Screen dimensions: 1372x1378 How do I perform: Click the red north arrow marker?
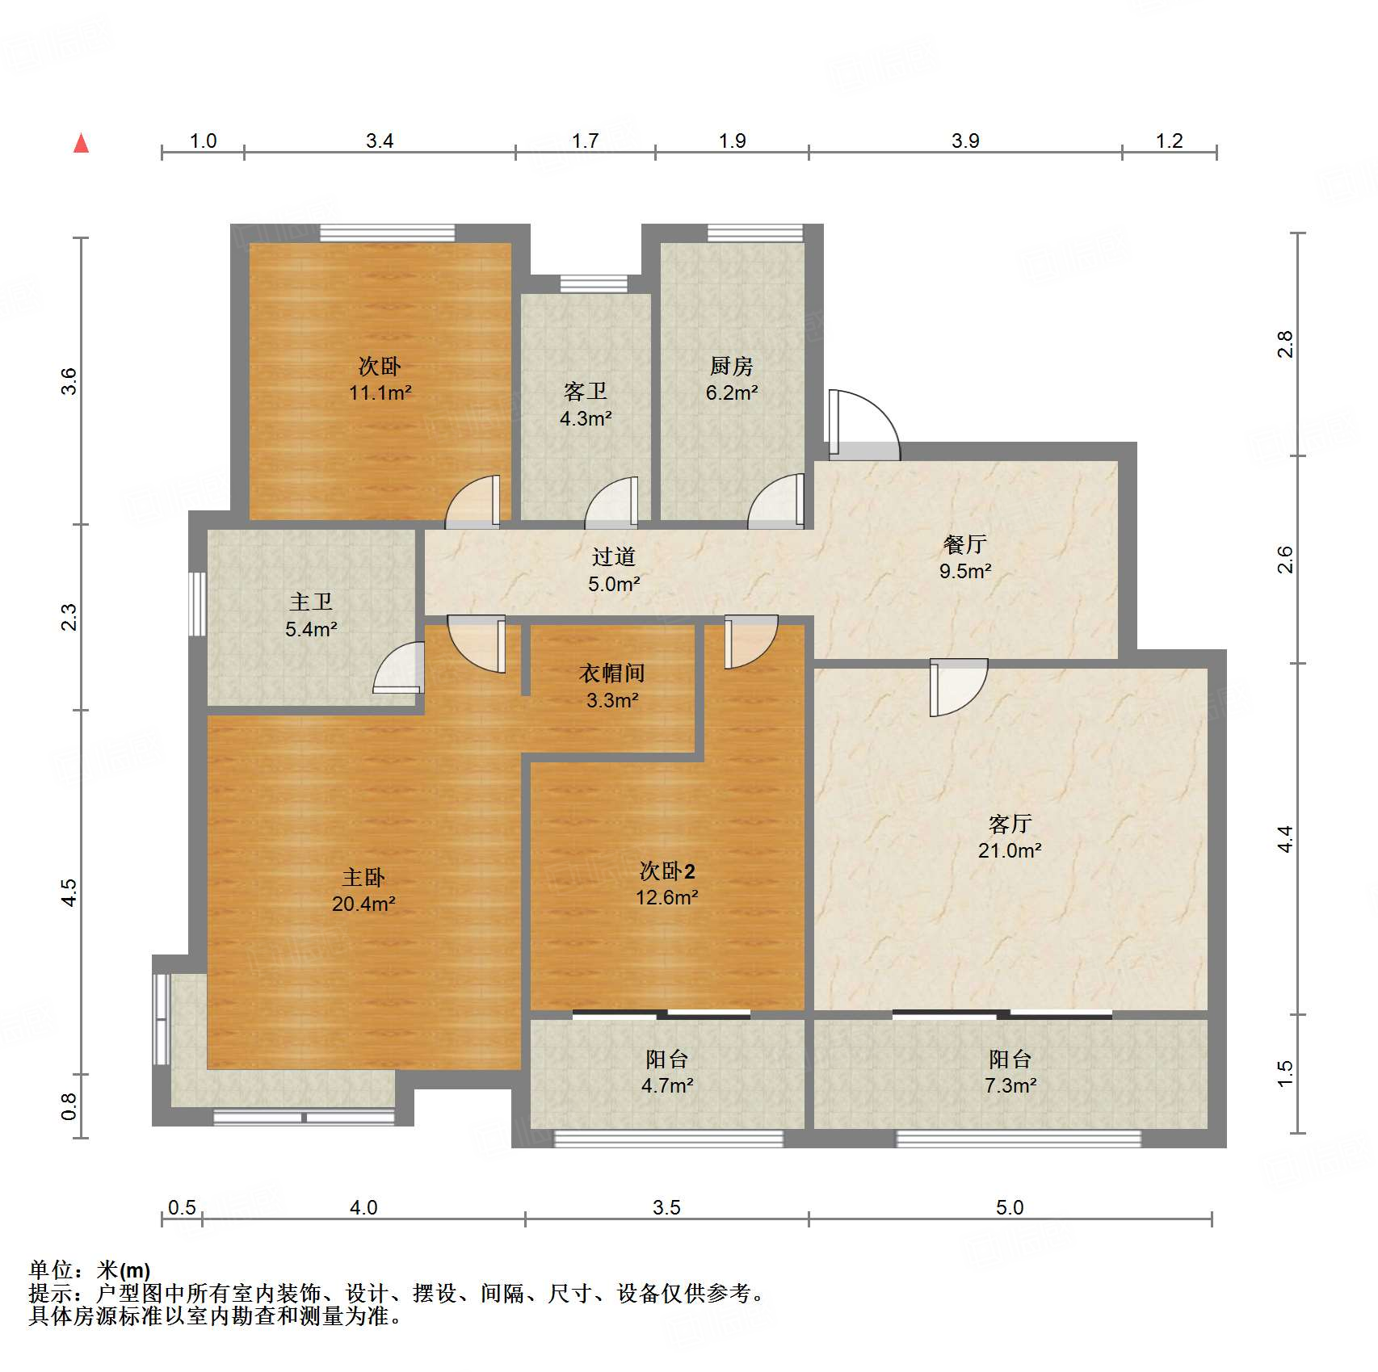coord(82,144)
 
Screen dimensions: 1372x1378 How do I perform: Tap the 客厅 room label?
coord(1010,824)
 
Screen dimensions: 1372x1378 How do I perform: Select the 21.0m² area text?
coord(1010,850)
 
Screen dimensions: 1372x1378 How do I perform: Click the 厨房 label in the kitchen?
coord(732,367)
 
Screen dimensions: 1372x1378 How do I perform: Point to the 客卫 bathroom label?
coord(586,392)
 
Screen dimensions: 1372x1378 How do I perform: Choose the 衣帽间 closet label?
coord(612,673)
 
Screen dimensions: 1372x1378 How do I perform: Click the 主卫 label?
coord(311,602)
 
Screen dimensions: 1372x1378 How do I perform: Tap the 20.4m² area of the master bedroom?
coord(363,904)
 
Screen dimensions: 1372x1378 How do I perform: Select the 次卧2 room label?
coord(667,871)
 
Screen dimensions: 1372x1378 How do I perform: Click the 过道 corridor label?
coord(614,557)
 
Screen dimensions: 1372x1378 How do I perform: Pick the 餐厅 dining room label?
coord(965,545)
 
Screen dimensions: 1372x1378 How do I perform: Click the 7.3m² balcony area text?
coord(1010,1086)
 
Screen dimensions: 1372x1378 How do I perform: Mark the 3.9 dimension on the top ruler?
coord(965,141)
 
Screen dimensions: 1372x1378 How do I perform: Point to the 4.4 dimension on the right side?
coord(1285,840)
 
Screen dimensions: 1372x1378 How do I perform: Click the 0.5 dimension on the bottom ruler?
coord(182,1208)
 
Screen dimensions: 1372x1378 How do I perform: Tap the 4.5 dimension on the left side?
coord(69,892)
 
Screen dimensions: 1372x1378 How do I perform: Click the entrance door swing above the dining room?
coord(863,424)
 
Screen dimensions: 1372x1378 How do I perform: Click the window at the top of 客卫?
coord(594,283)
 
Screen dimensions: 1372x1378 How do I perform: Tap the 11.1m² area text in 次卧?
coord(380,393)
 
